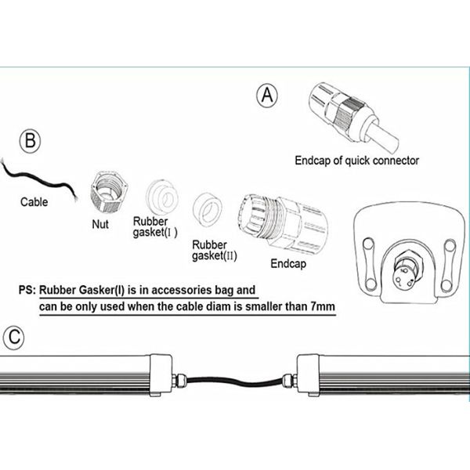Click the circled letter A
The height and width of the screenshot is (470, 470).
coord(267,96)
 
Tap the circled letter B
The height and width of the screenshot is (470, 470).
coord(30,140)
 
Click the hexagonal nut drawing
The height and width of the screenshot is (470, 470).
coord(109,193)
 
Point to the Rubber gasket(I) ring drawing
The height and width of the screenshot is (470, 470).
coord(162,197)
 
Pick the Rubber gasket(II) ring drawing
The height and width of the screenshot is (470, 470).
coord(208,209)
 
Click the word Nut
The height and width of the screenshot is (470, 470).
coord(100,224)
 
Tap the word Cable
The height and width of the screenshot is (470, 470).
coord(34,202)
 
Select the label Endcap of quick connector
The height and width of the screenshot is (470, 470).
coord(356,161)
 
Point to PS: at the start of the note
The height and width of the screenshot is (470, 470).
coord(27,290)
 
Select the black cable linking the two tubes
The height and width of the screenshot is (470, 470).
coord(235,381)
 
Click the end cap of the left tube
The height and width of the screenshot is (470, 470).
coord(161,375)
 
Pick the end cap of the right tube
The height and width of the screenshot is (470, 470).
coord(308,375)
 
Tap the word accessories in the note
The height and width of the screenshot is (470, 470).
coord(183,290)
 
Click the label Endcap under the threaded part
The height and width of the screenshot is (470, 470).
coord(288,264)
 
